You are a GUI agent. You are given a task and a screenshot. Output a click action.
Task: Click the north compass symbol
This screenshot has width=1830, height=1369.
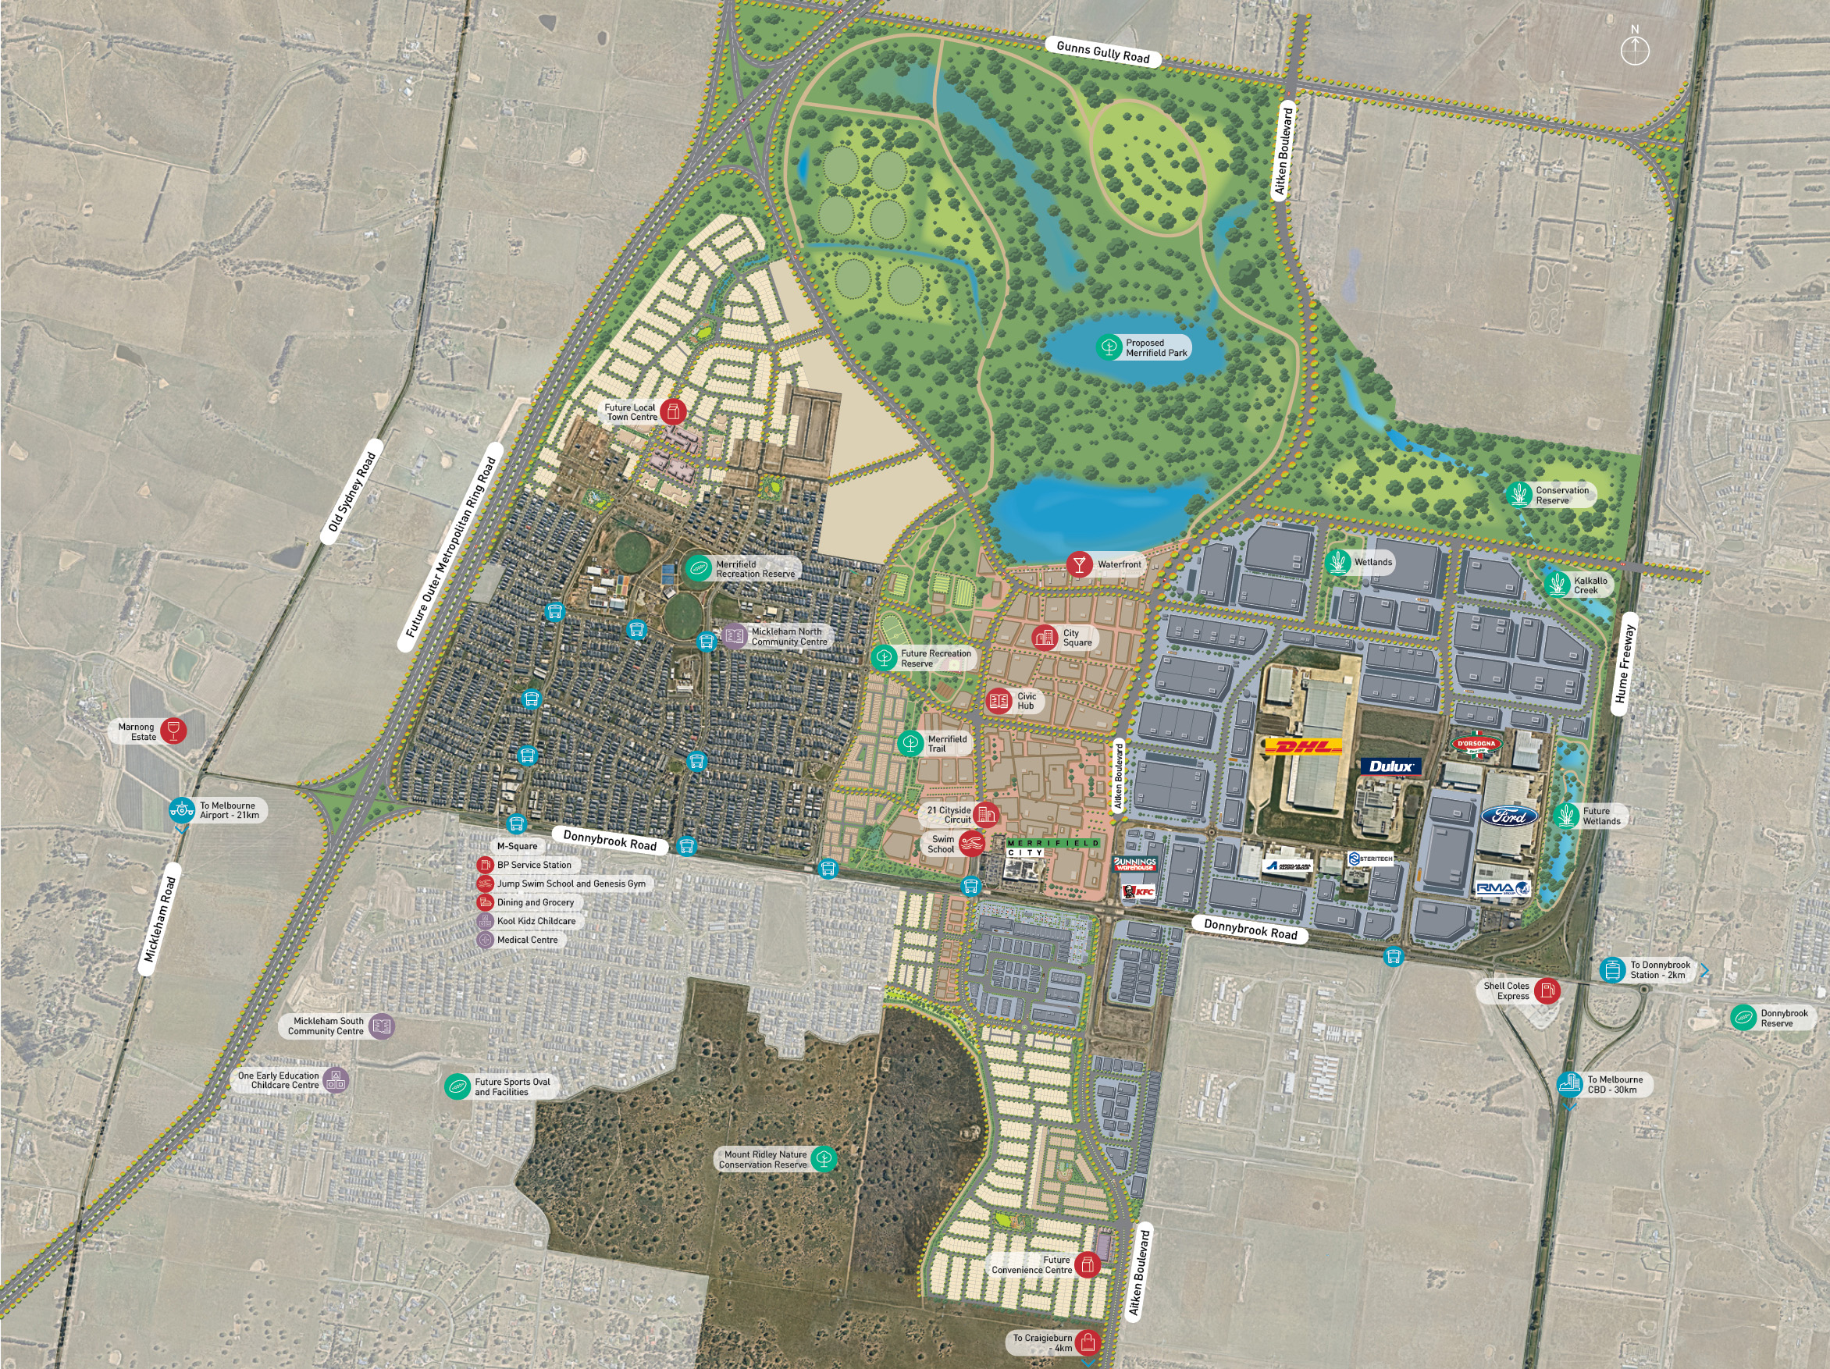(1634, 50)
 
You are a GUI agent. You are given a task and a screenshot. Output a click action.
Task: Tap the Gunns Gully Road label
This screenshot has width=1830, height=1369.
(1103, 52)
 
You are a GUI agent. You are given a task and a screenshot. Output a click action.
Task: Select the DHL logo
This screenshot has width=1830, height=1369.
(1302, 747)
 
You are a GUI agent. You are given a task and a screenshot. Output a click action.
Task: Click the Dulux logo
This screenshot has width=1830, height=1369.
(1391, 766)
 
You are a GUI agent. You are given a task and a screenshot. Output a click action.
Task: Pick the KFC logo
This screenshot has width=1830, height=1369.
(1138, 891)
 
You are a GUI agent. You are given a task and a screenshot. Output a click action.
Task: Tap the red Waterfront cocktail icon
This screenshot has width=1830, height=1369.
(1078, 564)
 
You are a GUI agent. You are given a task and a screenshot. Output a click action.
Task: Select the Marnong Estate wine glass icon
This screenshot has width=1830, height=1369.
(173, 731)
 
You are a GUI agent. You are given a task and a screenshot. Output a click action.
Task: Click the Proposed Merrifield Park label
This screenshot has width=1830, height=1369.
(1155, 347)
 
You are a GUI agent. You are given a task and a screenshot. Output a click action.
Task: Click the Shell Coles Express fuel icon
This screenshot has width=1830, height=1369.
(1547, 990)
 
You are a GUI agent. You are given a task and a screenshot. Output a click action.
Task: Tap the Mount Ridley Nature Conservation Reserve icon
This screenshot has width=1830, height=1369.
(823, 1159)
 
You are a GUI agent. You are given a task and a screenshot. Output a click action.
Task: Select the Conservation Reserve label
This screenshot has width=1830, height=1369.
(1561, 495)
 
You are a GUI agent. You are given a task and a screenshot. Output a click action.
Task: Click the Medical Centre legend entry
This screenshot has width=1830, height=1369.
(527, 940)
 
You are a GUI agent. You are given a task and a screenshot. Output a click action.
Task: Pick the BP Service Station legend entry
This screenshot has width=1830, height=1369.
(533, 865)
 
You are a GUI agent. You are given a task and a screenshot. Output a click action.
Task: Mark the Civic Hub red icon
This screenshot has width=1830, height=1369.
(999, 701)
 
